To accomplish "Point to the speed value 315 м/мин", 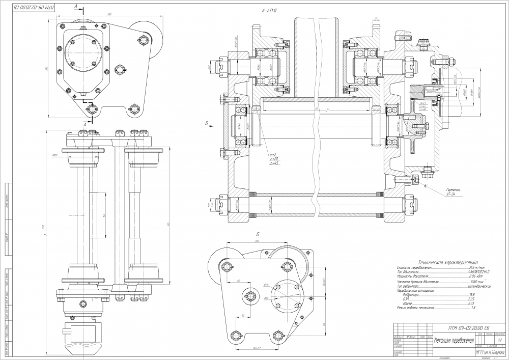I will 482,267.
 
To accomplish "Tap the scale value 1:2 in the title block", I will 500,340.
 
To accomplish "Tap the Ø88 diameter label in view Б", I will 266,299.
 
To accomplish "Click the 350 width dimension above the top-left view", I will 110,14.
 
